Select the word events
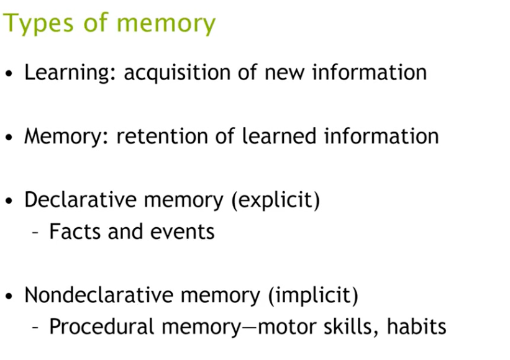184,232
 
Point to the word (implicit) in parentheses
314,295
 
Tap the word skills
349,326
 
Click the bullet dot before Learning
9,74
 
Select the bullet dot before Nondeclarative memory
9,296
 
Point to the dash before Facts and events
36,233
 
